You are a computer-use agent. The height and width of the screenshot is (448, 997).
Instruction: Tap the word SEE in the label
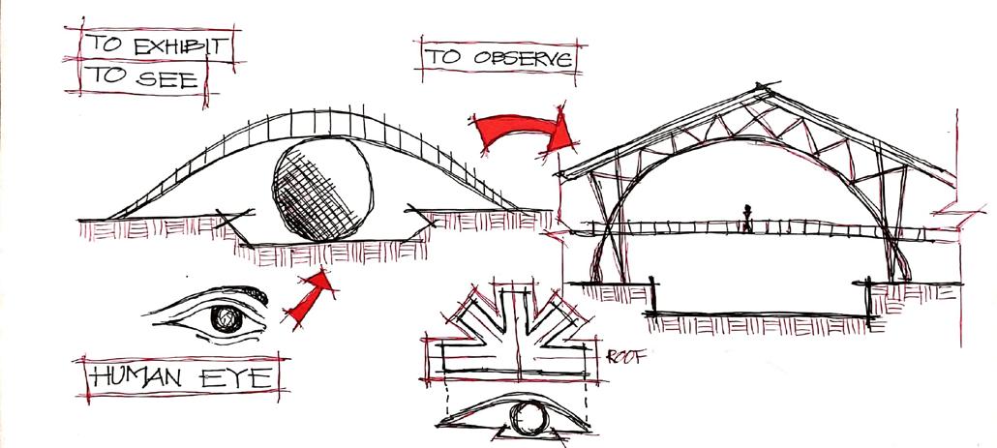point(173,78)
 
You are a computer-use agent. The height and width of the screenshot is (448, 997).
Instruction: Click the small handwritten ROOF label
point(626,355)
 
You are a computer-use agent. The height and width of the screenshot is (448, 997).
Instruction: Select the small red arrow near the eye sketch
point(308,298)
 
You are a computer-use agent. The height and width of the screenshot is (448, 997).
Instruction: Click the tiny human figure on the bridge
point(747,218)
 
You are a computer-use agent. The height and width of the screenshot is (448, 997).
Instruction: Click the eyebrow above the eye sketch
point(218,290)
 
